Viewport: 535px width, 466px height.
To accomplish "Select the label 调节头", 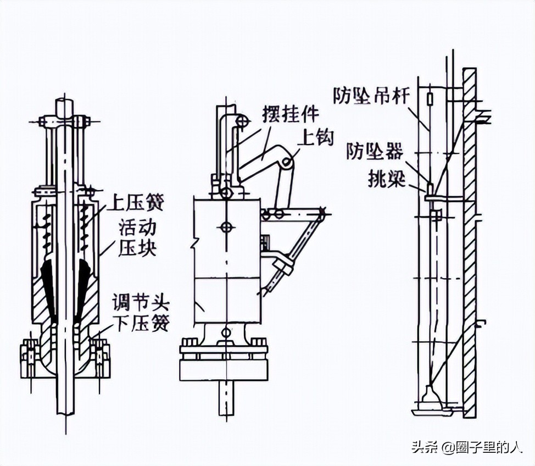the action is pyautogui.click(x=141, y=302).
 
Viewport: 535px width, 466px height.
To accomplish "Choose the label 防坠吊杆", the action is pyautogui.click(x=371, y=95).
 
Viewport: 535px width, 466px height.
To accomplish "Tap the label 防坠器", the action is pyautogui.click(x=374, y=151).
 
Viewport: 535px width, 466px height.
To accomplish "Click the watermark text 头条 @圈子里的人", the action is pyautogui.click(x=467, y=447).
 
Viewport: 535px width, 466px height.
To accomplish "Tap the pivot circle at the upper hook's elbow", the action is pyautogui.click(x=287, y=163).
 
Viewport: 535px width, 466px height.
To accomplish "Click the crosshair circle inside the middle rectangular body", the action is pyautogui.click(x=226, y=226).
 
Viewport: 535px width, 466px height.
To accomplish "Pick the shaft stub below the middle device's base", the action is pyautogui.click(x=226, y=398).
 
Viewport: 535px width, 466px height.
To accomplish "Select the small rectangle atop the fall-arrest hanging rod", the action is pyautogui.click(x=430, y=99).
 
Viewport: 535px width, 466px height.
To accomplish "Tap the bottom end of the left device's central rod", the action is pyautogui.click(x=65, y=413).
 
